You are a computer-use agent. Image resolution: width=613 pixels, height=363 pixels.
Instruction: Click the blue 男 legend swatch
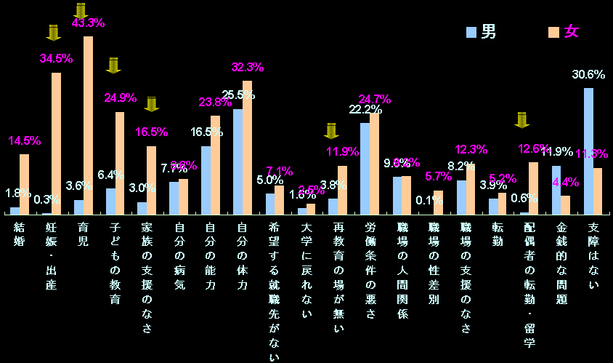pyautogui.click(x=471, y=32)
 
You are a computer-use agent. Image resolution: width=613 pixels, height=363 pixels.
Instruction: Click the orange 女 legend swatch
pyautogui.click(x=553, y=32)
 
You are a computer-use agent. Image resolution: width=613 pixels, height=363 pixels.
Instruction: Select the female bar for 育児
pyautogui.click(x=88, y=125)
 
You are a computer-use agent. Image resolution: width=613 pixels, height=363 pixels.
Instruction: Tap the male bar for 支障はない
pyautogui.click(x=588, y=151)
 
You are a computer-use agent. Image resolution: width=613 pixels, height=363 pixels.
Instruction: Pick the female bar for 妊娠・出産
pyautogui.click(x=56, y=143)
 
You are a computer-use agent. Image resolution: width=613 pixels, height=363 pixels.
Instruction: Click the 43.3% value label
pyautogui.click(x=88, y=23)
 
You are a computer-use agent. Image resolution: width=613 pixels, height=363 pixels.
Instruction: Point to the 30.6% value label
pyautogui.click(x=588, y=74)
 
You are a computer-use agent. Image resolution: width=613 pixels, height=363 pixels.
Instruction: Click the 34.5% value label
pyautogui.click(x=56, y=57)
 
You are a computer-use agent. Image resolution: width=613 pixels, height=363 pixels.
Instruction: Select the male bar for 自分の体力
pyautogui.click(x=238, y=161)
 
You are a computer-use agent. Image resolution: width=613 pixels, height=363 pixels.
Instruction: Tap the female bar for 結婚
pyautogui.click(x=24, y=184)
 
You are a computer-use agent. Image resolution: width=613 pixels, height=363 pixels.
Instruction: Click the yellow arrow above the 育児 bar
pyautogui.click(x=81, y=10)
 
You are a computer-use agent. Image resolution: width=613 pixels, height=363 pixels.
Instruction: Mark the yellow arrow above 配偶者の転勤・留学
pyautogui.click(x=522, y=119)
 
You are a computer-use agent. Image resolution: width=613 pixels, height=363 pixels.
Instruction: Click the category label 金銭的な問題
pyautogui.click(x=561, y=263)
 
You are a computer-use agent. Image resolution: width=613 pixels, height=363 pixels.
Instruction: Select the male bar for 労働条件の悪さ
pyautogui.click(x=365, y=169)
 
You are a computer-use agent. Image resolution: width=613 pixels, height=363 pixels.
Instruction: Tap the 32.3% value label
pyautogui.click(x=247, y=67)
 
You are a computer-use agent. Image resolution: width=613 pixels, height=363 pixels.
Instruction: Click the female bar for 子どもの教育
pyautogui.click(x=120, y=163)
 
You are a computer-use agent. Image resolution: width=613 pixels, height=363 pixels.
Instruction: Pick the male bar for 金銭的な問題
pyautogui.click(x=556, y=190)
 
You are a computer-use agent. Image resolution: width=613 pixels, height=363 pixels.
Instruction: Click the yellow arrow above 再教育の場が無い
pyautogui.click(x=331, y=130)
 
